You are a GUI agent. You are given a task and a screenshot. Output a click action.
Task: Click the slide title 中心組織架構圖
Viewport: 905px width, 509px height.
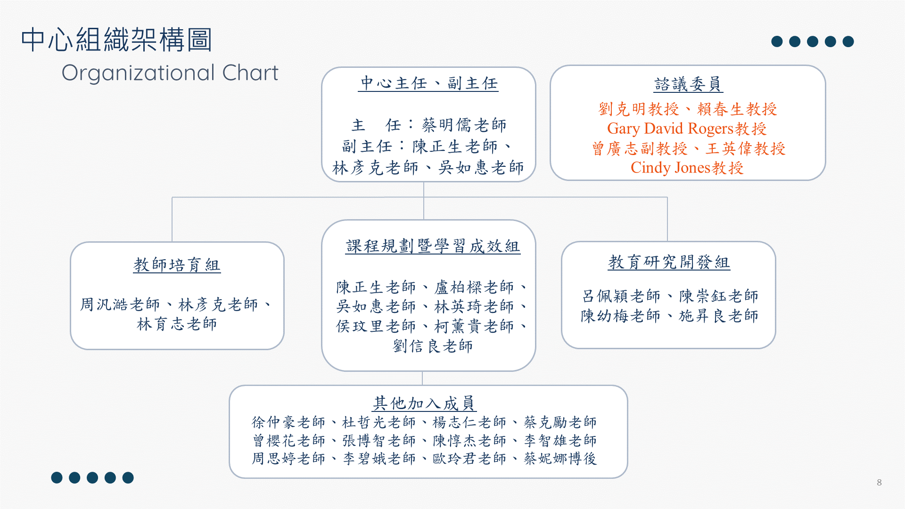click(116, 40)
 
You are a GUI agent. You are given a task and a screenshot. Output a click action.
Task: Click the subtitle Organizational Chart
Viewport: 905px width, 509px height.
click(170, 73)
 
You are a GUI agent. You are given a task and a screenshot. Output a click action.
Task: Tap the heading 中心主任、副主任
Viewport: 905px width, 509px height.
click(428, 83)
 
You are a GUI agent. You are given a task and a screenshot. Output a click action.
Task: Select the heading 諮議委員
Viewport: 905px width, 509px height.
click(688, 84)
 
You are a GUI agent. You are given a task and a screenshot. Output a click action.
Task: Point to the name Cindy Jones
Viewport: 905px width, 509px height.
click(670, 168)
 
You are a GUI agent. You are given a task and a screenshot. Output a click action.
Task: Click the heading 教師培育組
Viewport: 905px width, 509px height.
click(177, 265)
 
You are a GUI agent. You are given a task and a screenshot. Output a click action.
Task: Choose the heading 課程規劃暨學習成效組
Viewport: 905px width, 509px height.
click(433, 246)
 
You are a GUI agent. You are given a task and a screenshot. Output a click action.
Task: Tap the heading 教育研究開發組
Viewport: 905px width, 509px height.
click(669, 262)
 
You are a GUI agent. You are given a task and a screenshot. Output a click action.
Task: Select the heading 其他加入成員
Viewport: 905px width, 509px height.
click(423, 403)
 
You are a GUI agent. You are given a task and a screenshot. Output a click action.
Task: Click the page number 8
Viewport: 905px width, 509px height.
click(879, 482)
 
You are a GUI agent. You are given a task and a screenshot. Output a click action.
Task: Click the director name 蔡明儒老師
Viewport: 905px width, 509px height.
click(464, 125)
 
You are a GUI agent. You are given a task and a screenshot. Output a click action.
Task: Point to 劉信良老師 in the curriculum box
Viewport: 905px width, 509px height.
click(433, 346)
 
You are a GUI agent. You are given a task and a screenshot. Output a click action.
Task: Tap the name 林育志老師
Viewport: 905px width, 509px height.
click(177, 324)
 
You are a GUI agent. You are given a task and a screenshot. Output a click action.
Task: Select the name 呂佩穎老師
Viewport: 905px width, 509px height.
click(621, 296)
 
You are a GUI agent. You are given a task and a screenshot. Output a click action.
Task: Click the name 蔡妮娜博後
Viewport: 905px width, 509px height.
click(560, 458)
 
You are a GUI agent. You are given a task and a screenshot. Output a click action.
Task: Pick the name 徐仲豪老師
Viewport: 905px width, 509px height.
click(288, 422)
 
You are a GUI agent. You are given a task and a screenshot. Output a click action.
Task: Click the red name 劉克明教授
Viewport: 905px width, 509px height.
click(639, 109)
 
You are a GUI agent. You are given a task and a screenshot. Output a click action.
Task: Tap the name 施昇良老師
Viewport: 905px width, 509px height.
click(718, 316)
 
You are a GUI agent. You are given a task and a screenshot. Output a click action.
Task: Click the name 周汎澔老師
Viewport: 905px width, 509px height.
click(120, 304)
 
